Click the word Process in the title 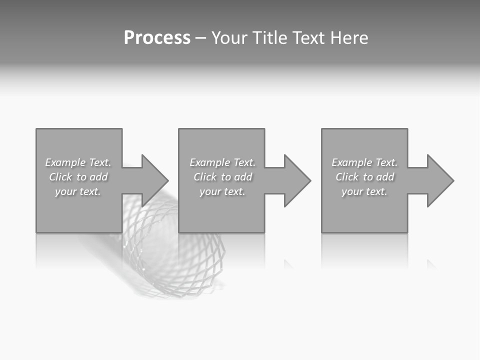[157, 38]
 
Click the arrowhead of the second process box [296, 180]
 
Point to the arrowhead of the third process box [439, 180]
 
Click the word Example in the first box [65, 162]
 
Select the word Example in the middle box [209, 162]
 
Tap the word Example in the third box [351, 162]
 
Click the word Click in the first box [60, 177]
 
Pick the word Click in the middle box [205, 177]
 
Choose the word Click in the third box [347, 177]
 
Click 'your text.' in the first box [78, 191]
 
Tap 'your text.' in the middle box [222, 191]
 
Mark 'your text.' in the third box [364, 191]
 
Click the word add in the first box [98, 177]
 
